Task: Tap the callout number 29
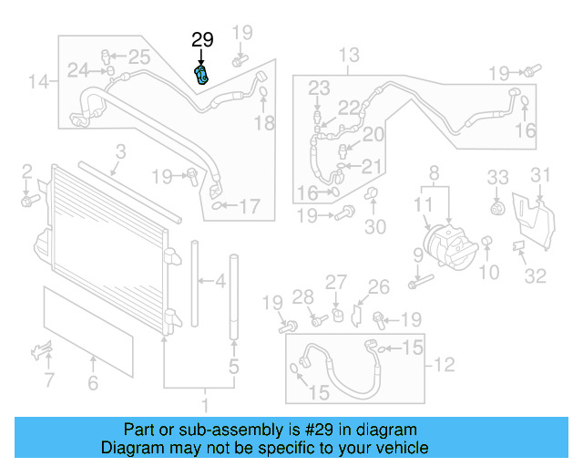[x=202, y=39]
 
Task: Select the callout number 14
[x=37, y=83]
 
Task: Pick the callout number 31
[x=541, y=175]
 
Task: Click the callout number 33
[x=496, y=176]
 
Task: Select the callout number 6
[x=92, y=384]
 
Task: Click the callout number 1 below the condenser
[x=205, y=402]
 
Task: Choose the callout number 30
[x=375, y=227]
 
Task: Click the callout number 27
[x=336, y=282]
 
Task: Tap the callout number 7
[x=49, y=379]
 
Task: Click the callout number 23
[x=318, y=88]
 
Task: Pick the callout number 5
[x=233, y=368]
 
